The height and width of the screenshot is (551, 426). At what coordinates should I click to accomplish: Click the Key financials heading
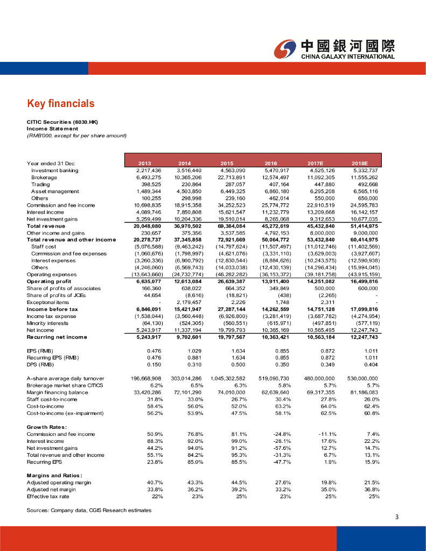tap(61, 103)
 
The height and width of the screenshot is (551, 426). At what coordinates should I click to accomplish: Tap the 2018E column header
tap(359, 163)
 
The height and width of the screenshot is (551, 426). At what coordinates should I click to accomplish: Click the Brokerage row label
tap(44, 177)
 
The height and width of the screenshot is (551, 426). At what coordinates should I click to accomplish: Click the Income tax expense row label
tap(52, 316)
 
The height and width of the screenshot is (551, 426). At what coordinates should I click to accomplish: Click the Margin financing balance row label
tap(57, 392)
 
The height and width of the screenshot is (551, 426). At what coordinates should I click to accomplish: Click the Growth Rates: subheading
tap(46, 427)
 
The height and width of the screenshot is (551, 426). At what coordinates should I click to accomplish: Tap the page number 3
tap(396, 518)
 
